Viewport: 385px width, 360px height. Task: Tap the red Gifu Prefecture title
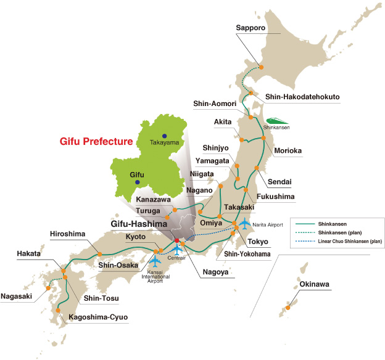click(x=96, y=141)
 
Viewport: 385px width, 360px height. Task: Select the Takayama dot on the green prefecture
click(x=164, y=136)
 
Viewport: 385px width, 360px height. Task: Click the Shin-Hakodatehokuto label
click(x=302, y=97)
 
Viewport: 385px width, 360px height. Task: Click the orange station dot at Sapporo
click(x=261, y=67)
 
